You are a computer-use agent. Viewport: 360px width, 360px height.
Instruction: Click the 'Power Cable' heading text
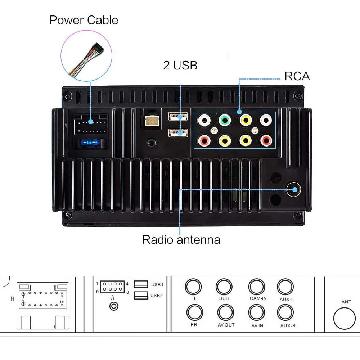(84, 20)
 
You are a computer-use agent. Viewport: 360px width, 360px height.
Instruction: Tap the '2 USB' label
(180, 65)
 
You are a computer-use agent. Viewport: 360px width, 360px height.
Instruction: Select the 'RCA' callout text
(297, 76)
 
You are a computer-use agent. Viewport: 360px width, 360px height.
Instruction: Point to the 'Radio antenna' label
(181, 239)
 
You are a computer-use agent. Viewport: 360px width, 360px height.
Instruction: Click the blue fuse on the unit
(90, 143)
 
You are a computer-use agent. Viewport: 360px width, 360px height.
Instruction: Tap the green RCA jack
(225, 120)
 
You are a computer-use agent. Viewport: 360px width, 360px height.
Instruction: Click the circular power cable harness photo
(86, 56)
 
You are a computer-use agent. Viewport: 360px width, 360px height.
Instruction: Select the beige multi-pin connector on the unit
(152, 120)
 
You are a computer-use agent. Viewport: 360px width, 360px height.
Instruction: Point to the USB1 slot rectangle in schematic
(141, 284)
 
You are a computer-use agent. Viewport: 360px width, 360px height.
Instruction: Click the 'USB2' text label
(157, 295)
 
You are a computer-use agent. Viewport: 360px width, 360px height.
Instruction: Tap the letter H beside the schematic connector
(12, 299)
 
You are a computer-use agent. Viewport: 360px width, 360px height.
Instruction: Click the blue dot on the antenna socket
(295, 190)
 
